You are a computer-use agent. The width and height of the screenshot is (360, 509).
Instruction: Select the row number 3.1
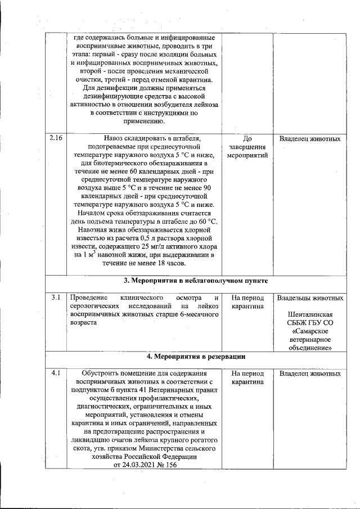click(55, 297)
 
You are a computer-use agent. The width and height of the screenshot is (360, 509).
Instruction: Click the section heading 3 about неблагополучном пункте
click(195, 280)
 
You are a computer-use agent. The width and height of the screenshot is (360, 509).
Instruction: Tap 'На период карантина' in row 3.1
click(247, 301)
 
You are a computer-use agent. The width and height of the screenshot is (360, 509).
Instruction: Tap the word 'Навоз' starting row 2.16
click(116, 138)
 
